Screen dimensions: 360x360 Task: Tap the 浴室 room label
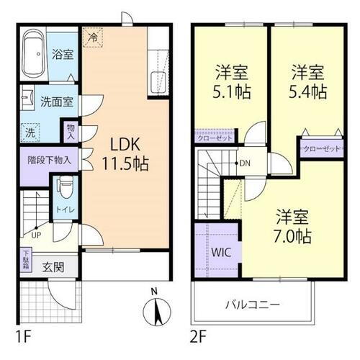point(62,52)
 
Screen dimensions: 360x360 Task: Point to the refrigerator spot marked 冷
point(93,34)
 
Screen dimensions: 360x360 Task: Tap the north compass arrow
point(156,311)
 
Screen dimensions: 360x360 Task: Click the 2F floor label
point(199,335)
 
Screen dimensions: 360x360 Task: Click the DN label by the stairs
point(246,163)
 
